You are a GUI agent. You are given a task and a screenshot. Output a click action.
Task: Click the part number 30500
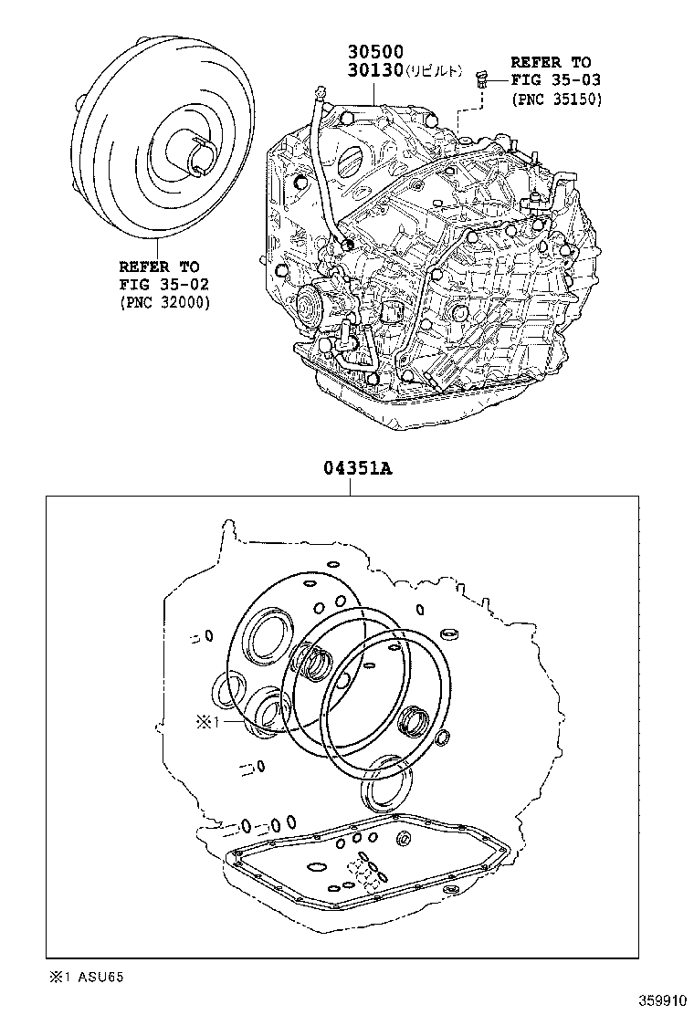click(x=374, y=52)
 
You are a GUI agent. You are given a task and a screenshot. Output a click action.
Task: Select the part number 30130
click(x=374, y=71)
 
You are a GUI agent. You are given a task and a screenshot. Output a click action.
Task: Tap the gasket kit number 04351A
click(x=356, y=469)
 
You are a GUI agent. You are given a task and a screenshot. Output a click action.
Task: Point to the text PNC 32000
click(x=164, y=303)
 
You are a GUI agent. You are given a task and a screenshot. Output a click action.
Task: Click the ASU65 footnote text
click(x=100, y=977)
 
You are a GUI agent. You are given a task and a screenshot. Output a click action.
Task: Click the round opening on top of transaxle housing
click(x=352, y=164)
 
